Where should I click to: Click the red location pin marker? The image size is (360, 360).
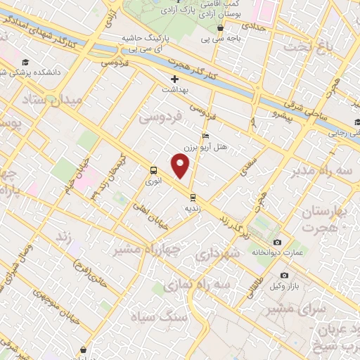181,167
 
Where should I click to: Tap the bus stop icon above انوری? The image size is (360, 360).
153,170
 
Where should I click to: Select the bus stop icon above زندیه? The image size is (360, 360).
194,198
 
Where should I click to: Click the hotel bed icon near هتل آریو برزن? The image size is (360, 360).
205,136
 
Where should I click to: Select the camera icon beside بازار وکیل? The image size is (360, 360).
284,275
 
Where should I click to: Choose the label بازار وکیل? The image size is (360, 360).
284,286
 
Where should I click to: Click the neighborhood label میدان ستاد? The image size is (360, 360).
53,101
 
